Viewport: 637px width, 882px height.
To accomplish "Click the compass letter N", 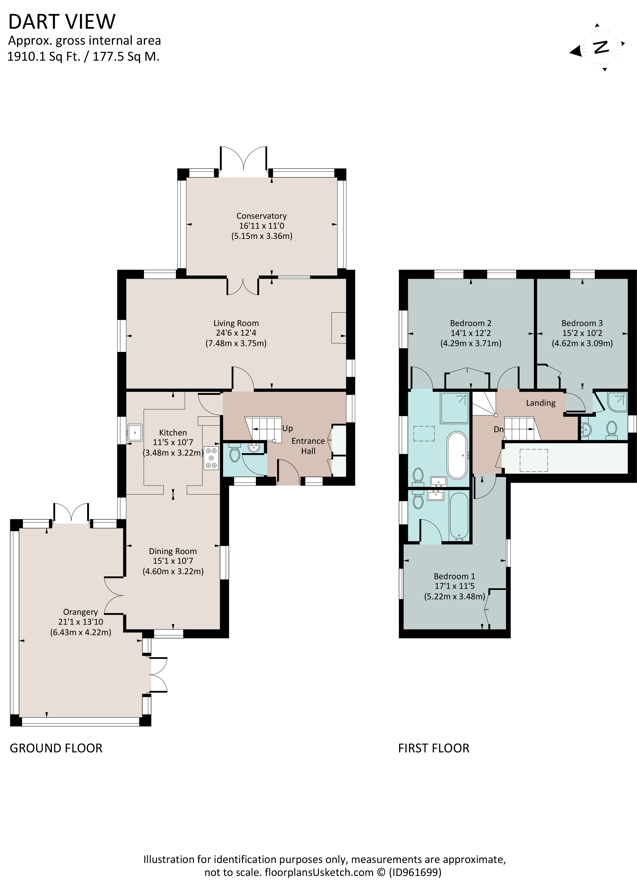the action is pos(601,47).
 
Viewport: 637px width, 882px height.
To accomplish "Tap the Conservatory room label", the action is pos(261,216).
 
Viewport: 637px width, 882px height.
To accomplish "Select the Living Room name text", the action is pos(236,323).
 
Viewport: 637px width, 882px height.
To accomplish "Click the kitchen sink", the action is pos(135,432).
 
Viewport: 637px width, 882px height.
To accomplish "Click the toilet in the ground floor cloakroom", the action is pos(234,453).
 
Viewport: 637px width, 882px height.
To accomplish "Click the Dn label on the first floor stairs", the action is pos(499,429).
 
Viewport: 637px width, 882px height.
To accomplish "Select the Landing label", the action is pos(540,403).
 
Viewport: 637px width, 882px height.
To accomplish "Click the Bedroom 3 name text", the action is pos(582,323).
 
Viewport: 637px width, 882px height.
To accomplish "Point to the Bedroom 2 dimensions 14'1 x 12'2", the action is pos(470,333).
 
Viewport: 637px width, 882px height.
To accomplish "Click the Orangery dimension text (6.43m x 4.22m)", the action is pos(81,632).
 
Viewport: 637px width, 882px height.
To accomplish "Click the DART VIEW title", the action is pos(62,22).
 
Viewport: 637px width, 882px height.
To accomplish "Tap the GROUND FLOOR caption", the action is pos(56,748).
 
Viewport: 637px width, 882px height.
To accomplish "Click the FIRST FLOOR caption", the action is pos(433,748).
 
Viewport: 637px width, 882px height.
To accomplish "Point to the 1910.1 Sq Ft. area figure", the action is pos(44,57).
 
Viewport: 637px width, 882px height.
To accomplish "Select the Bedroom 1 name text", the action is pos(454,576).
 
